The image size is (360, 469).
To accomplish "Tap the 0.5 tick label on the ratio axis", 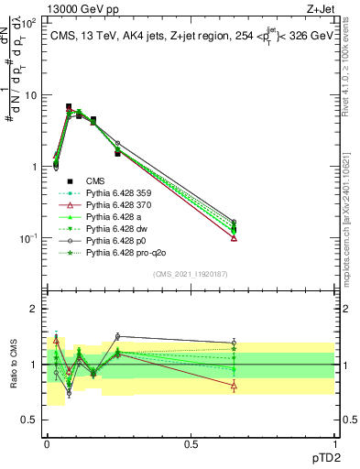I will tap(31, 420).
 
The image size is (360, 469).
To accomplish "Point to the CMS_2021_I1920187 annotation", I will tap(190, 274).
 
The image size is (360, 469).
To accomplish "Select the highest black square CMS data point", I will tap(69, 107).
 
